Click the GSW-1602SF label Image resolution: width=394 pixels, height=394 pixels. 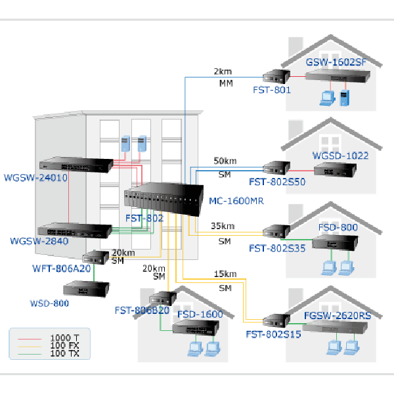(334, 62)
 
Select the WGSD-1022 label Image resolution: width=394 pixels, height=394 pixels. (341, 156)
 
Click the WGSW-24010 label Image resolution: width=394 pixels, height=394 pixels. (35, 177)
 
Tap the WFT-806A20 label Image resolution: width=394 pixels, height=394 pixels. (62, 268)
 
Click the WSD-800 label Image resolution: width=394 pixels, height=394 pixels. (50, 303)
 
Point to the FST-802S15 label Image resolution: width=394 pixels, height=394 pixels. (273, 334)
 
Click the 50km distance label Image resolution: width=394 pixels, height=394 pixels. (225, 161)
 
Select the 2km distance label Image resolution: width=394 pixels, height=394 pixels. (223, 71)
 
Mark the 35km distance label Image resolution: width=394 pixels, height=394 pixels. (223, 227)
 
